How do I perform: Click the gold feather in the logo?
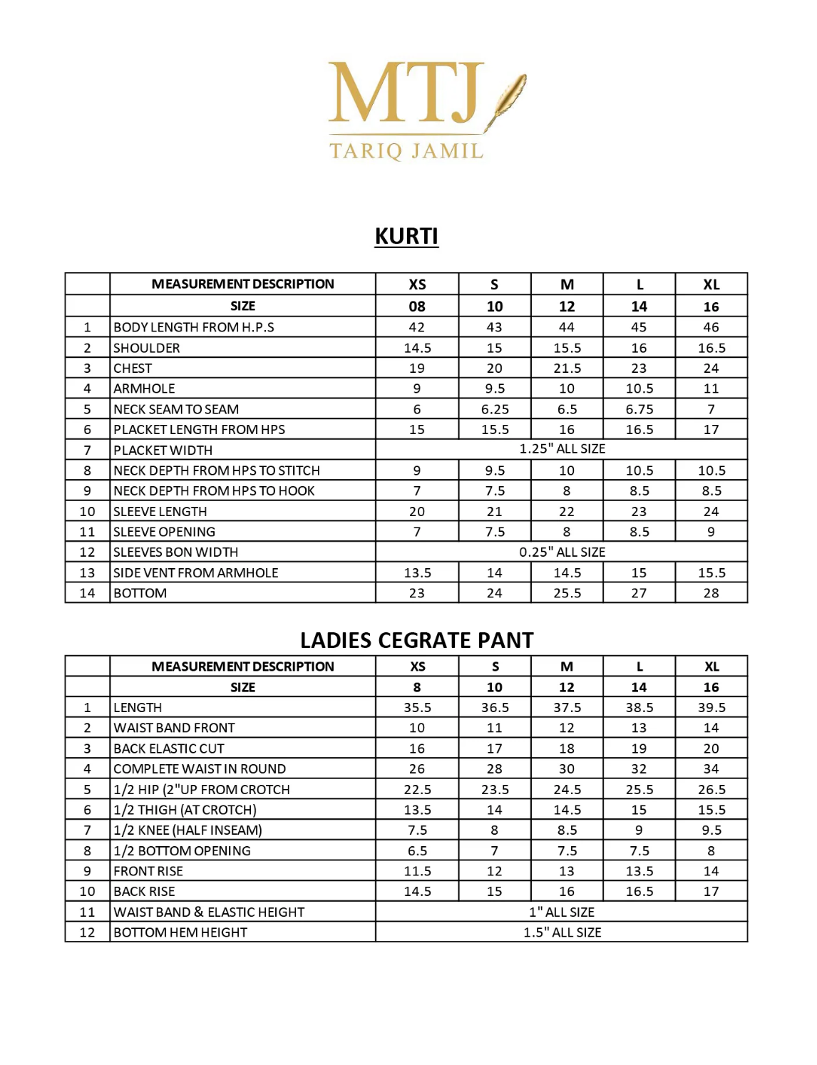coord(508,100)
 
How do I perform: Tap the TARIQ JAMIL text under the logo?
coord(406,150)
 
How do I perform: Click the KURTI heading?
coord(406,236)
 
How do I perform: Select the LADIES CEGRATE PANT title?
coord(416,640)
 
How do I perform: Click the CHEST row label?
coord(133,369)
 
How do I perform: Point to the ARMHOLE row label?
coord(144,389)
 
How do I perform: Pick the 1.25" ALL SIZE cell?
coord(562,449)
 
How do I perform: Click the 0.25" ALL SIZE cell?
coord(562,552)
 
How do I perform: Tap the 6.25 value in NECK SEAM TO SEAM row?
coord(495,409)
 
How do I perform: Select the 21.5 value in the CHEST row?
coord(567,369)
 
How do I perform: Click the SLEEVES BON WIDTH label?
coord(176,552)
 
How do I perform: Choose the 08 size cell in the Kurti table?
coord(417,307)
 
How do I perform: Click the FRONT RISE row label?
coord(148,871)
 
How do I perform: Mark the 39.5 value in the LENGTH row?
coord(711,708)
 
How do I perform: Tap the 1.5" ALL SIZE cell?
coord(562,932)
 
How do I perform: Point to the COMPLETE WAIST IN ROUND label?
coord(200,769)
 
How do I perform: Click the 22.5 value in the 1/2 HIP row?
coord(417,790)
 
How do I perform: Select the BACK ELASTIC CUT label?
coord(169,748)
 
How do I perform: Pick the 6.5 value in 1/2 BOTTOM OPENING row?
coord(417,851)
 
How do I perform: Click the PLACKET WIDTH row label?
coord(163,451)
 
